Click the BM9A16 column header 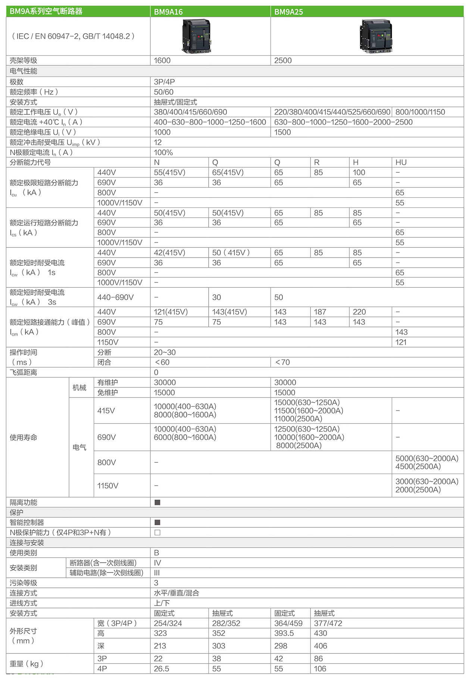click(x=168, y=12)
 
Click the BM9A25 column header click(x=288, y=12)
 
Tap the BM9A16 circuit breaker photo click(x=197, y=36)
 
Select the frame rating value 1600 click(x=162, y=60)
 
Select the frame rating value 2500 click(x=283, y=60)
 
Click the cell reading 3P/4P click(x=164, y=82)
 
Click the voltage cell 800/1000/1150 click(x=420, y=112)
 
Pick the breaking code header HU click(x=401, y=162)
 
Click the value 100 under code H click(x=359, y=172)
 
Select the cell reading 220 click(x=359, y=312)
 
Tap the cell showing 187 click(x=320, y=312)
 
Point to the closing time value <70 click(x=282, y=362)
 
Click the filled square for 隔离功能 click(x=157, y=502)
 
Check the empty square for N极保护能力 click(x=157, y=533)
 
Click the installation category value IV click(x=157, y=563)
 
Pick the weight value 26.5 click(x=162, y=669)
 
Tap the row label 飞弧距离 click(x=24, y=372)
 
